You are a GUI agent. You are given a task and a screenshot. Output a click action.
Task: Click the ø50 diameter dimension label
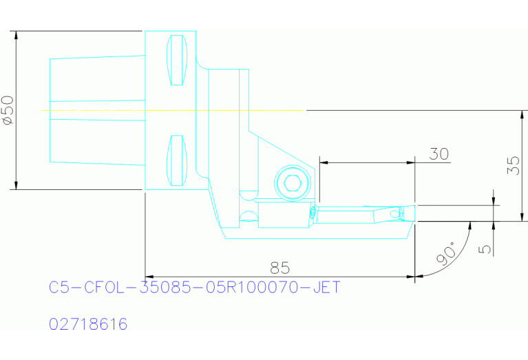pyautogui.click(x=8, y=110)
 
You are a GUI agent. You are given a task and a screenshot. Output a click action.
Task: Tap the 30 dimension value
pyautogui.click(x=439, y=153)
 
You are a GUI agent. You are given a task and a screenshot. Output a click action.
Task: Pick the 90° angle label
pyautogui.click(x=446, y=255)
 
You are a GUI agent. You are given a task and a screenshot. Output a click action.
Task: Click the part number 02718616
pyautogui.click(x=88, y=324)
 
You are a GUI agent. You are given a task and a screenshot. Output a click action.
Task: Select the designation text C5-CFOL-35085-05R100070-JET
pyautogui.click(x=195, y=287)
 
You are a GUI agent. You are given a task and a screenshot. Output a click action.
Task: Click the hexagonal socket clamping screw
pyautogui.click(x=291, y=183)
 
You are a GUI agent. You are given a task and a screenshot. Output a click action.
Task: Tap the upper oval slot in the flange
pyautogui.click(x=177, y=60)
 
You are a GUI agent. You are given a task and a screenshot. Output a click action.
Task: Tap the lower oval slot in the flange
pyautogui.click(x=177, y=160)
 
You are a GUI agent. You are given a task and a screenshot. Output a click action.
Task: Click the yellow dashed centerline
pyautogui.click(x=172, y=110)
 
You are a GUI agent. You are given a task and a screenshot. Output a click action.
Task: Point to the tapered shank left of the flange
pyautogui.click(x=96, y=110)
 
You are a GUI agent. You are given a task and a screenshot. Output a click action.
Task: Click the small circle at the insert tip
pyautogui.click(x=394, y=214)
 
